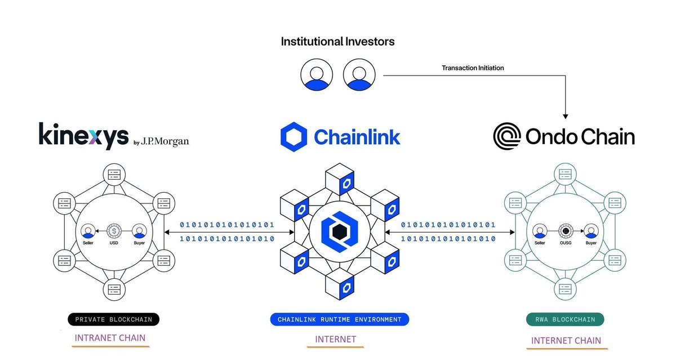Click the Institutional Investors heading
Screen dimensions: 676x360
click(x=337, y=42)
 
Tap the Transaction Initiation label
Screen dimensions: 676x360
click(x=473, y=68)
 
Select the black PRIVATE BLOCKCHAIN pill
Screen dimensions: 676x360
click(x=113, y=319)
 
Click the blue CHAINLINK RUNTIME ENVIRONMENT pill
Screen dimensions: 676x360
click(x=340, y=319)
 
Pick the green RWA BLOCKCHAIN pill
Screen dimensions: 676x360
click(x=565, y=319)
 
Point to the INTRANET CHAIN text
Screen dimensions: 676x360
click(x=110, y=337)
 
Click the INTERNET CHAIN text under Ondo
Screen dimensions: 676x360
click(x=566, y=341)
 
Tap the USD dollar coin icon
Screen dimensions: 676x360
click(x=114, y=231)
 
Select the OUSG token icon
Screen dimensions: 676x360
click(x=566, y=231)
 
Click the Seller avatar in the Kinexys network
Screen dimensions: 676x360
click(x=88, y=231)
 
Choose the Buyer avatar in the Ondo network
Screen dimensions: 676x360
click(x=591, y=231)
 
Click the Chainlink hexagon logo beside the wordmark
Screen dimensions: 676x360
click(x=294, y=137)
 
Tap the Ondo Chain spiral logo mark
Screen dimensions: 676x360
click(x=507, y=136)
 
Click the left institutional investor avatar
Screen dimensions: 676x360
click(x=317, y=74)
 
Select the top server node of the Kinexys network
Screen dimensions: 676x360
click(x=114, y=175)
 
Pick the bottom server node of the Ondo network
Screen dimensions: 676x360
click(x=565, y=289)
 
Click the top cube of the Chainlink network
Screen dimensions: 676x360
click(x=340, y=179)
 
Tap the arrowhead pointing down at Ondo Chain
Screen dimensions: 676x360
click(x=566, y=117)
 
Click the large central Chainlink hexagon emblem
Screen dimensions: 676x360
click(x=340, y=232)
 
